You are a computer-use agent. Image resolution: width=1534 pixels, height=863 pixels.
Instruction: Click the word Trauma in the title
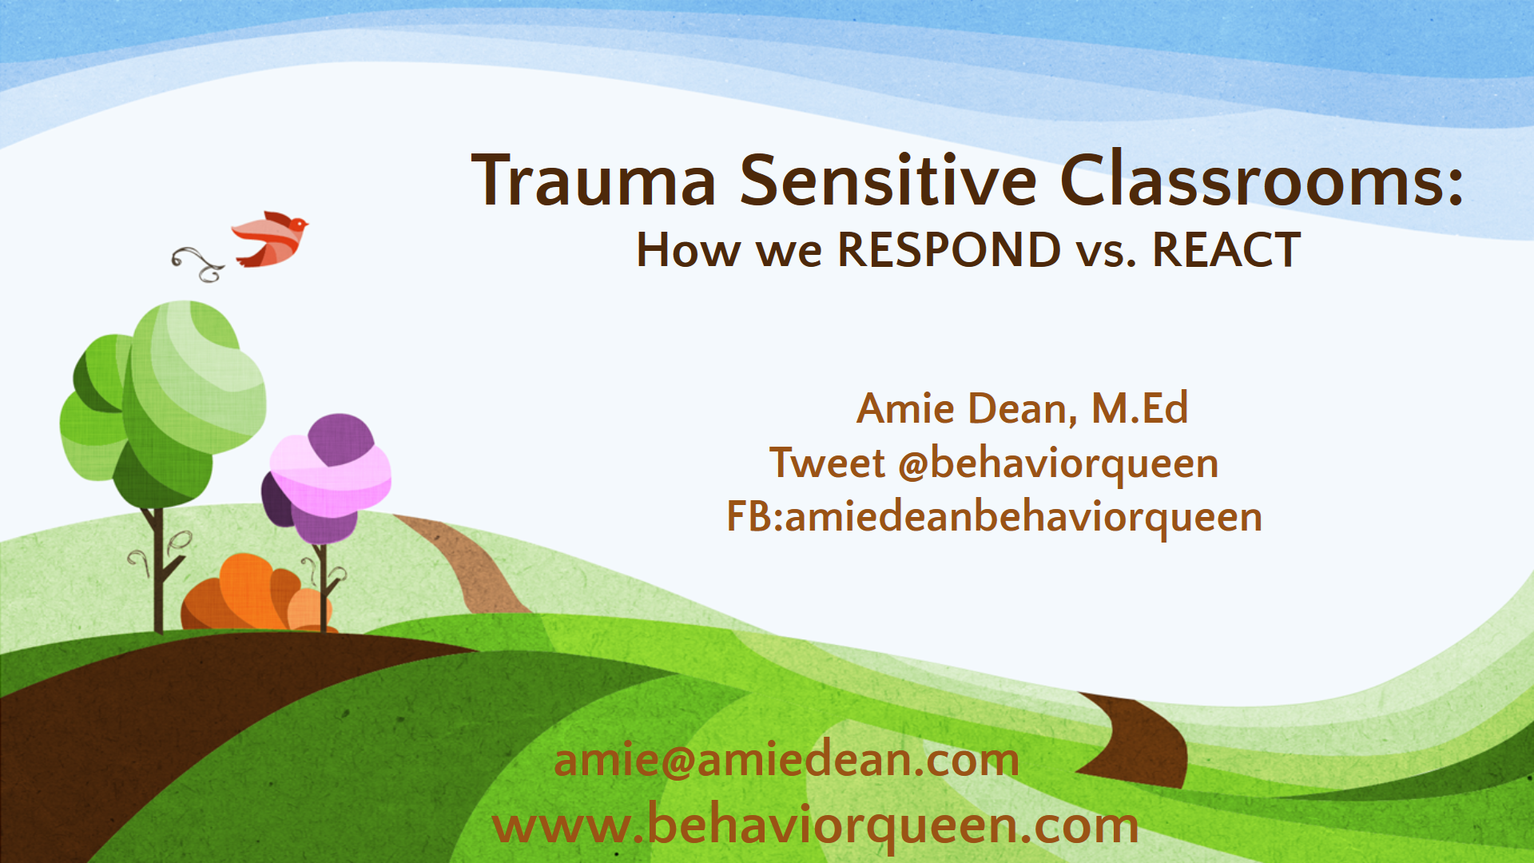pos(594,181)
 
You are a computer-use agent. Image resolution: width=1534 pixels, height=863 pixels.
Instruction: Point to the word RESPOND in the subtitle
pos(948,250)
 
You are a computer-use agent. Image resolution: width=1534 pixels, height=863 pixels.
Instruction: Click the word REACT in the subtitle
pos(1226,250)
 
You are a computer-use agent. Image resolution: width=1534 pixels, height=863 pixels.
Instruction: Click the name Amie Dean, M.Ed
pos(1023,408)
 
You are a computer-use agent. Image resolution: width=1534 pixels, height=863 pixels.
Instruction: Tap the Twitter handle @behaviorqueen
pos(1059,465)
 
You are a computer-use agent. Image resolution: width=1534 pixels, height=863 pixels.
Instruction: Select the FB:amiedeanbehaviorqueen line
pos(994,517)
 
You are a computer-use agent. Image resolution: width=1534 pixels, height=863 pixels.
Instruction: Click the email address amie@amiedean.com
pos(786,760)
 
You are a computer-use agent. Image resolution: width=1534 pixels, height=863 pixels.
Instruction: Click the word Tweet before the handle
pos(827,463)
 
